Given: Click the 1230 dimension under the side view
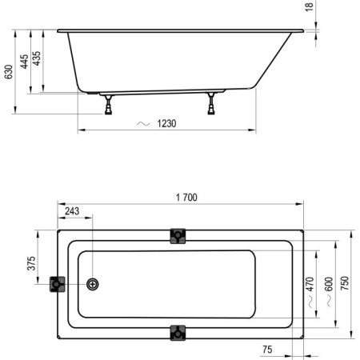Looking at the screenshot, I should (x=166, y=124).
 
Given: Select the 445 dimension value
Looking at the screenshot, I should (x=25, y=61).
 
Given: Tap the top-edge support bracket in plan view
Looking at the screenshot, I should (x=177, y=236).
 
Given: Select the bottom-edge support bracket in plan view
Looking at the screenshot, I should (x=177, y=331).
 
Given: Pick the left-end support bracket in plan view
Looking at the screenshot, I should (x=58, y=284).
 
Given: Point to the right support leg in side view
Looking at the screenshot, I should (x=212, y=102).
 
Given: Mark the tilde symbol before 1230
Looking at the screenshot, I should (x=143, y=124).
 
